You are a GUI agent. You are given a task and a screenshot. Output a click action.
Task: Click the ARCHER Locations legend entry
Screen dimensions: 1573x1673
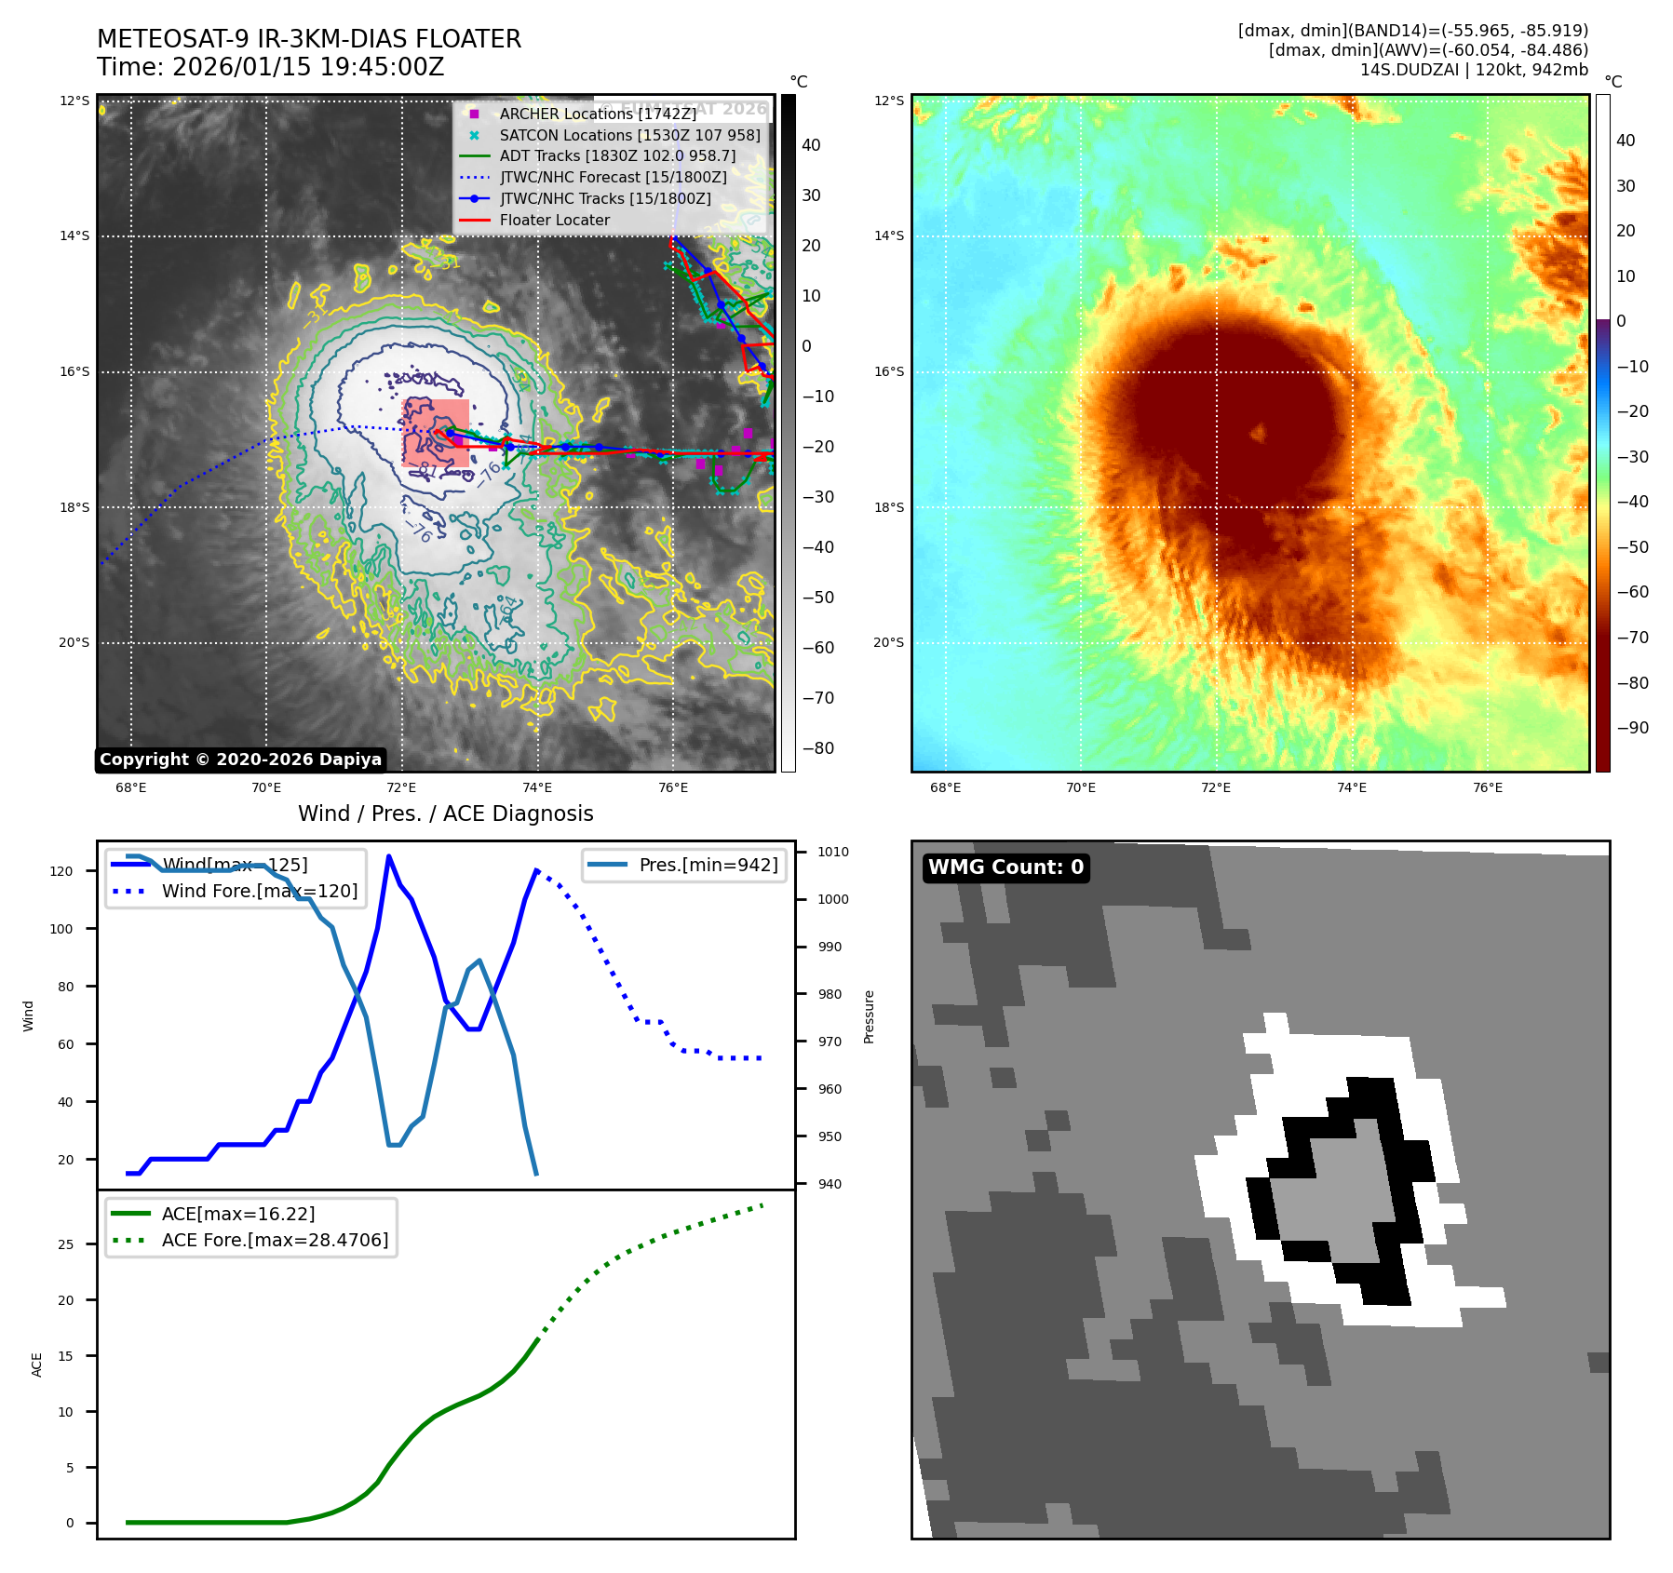(597, 114)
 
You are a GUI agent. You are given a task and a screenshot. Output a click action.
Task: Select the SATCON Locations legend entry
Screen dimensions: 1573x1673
(629, 135)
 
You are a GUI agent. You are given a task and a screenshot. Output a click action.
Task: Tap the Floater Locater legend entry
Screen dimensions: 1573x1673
(554, 220)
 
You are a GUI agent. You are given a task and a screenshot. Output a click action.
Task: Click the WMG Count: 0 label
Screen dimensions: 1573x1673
(1005, 867)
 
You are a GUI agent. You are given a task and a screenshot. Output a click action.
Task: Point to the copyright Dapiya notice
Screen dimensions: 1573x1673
(240, 760)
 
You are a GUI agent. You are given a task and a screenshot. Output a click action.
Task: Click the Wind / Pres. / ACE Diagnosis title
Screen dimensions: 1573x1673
(445, 813)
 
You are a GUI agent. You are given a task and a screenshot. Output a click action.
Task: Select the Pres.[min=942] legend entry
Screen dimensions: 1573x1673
(708, 865)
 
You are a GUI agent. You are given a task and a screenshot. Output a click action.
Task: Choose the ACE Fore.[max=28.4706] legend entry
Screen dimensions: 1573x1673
(275, 1240)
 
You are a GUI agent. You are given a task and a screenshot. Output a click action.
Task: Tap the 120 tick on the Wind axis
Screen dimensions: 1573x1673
(61, 871)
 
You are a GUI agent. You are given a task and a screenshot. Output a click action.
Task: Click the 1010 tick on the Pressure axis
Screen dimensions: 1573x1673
(832, 852)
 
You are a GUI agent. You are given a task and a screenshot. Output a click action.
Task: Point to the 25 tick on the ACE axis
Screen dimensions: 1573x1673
(65, 1244)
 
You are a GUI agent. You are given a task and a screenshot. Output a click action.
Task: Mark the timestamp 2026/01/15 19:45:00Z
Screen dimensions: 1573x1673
(307, 68)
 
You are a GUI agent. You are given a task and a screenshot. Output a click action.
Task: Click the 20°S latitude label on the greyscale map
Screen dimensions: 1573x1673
(74, 642)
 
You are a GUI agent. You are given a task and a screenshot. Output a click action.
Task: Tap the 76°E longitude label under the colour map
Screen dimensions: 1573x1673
(1487, 787)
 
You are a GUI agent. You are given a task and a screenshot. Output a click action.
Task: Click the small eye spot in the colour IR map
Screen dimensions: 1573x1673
(1258, 432)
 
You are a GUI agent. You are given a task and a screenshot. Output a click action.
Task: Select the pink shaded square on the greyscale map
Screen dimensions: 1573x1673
(436, 433)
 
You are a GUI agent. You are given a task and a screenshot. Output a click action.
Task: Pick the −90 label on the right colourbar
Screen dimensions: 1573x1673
(1632, 728)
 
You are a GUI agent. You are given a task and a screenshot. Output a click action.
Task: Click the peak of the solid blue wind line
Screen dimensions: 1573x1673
(388, 856)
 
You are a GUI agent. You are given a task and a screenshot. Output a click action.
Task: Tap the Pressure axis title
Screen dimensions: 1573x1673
(869, 1016)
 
